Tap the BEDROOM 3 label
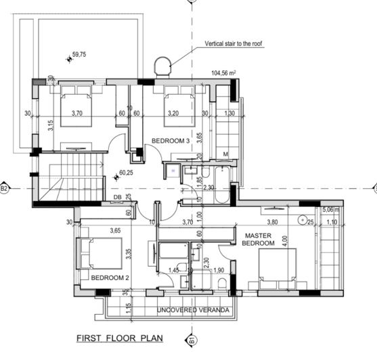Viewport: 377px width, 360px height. (169, 140)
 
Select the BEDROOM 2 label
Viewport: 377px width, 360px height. (110, 278)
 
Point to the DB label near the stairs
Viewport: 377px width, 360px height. (118, 197)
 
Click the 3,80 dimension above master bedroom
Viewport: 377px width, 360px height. (272, 221)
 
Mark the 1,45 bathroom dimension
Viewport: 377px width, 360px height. (173, 270)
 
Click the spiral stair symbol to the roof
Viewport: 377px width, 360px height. (162, 66)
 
